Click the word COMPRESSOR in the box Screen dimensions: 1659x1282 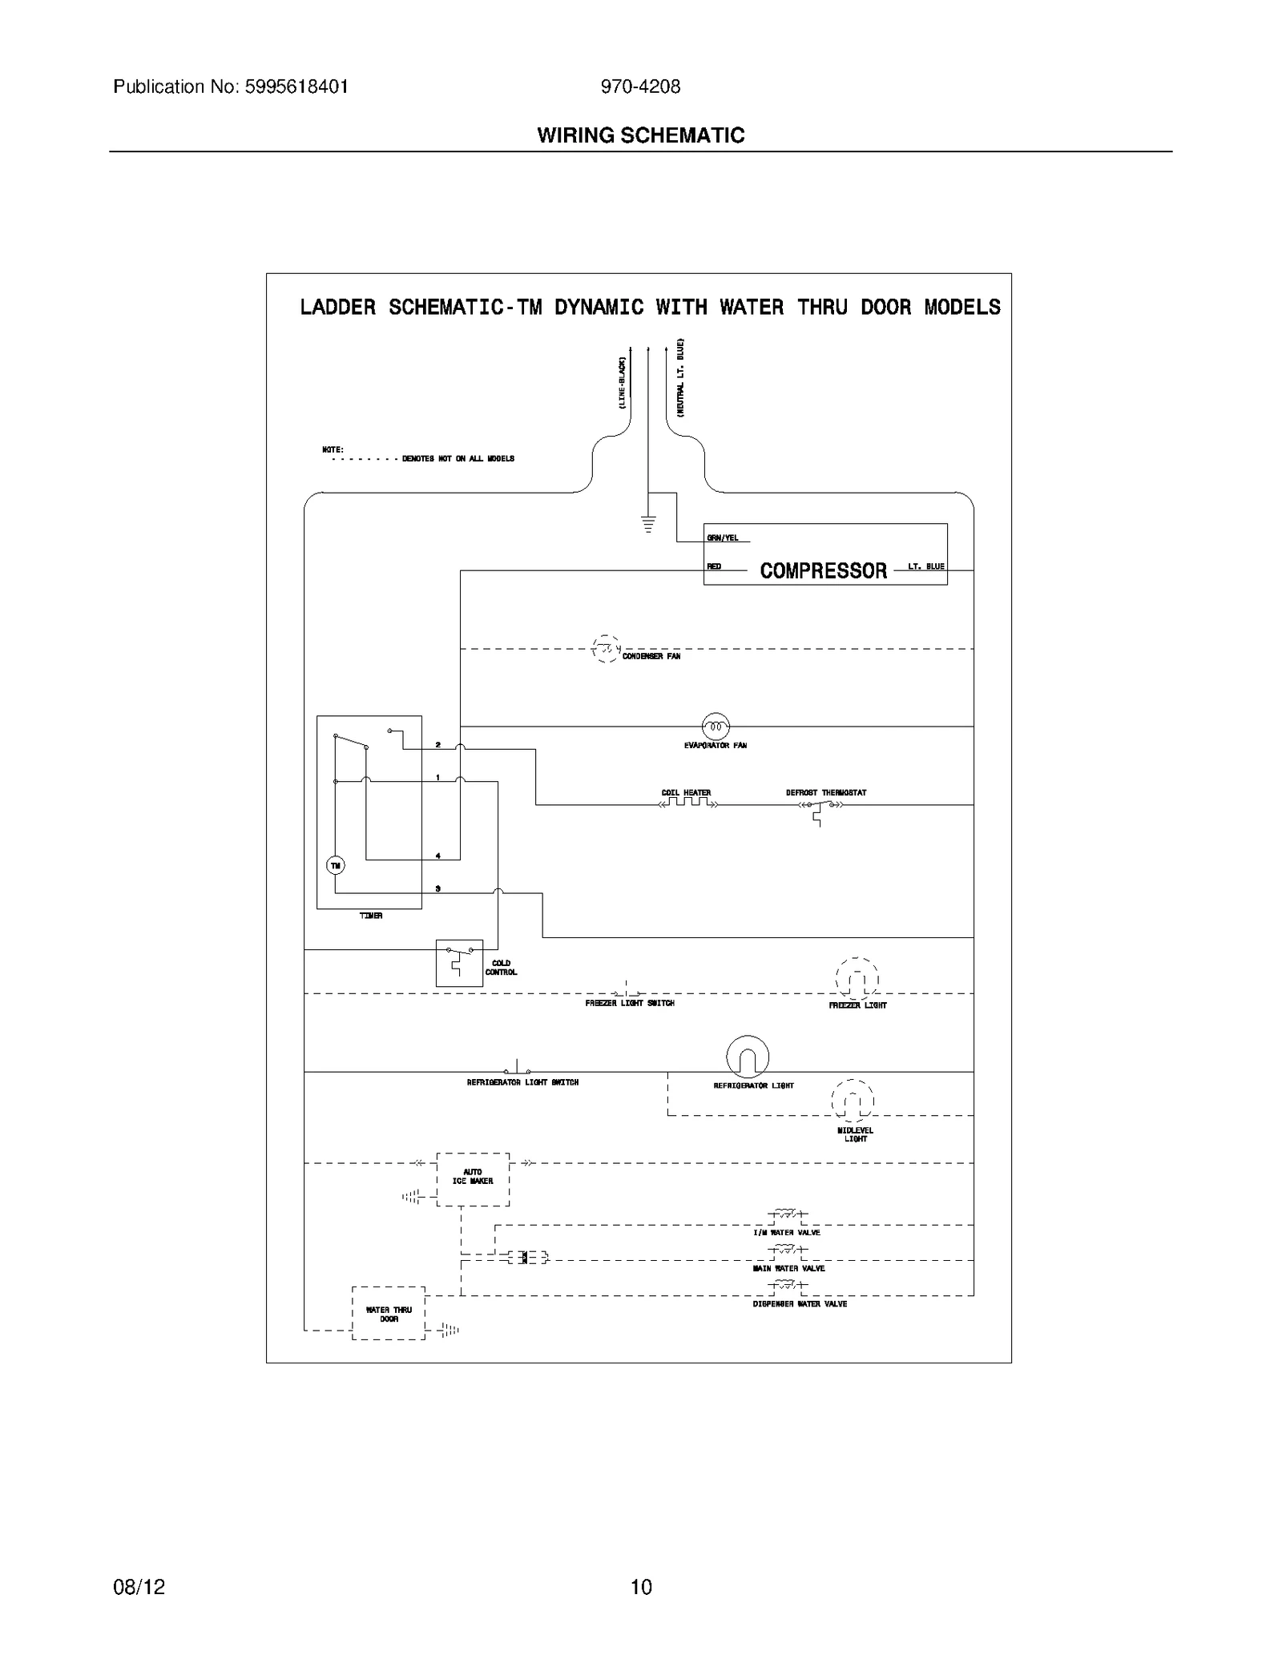[823, 570]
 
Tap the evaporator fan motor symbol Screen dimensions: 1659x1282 [716, 727]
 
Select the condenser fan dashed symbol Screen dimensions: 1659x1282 [605, 648]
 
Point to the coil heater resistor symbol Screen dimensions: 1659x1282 [687, 803]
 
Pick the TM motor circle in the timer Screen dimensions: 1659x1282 [335, 865]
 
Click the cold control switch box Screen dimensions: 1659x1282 [459, 962]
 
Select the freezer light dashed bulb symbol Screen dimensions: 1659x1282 [857, 978]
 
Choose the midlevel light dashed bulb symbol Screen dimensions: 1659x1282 [853, 1099]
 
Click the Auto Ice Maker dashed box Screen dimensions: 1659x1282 [473, 1179]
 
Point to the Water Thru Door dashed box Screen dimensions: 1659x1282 [389, 1314]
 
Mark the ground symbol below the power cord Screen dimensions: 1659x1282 [647, 525]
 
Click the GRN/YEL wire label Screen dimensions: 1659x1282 [723, 538]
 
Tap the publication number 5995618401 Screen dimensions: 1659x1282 [298, 87]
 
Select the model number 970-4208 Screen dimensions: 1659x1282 [640, 87]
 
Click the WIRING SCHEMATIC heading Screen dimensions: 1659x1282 [640, 135]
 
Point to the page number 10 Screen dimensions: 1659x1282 [641, 1586]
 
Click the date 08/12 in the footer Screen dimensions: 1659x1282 [139, 1586]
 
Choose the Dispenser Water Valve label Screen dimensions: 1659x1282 [800, 1304]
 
